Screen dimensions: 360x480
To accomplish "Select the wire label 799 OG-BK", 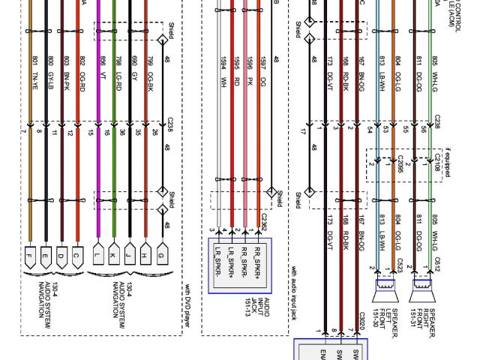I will point(150,66).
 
